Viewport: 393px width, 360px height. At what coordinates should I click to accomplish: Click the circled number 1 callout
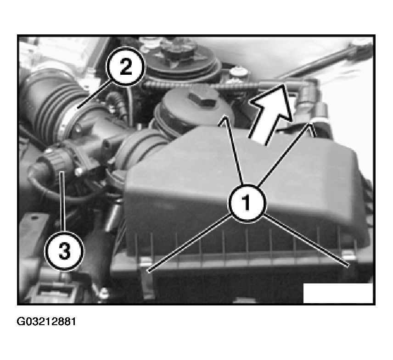pos(247,203)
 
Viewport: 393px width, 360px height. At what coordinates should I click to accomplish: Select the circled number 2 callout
pos(126,67)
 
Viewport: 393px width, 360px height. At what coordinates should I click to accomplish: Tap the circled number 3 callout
pos(64,251)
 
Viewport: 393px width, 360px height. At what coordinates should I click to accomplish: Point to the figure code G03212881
pos(46,321)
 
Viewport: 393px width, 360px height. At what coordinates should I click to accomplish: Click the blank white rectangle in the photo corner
pos(338,293)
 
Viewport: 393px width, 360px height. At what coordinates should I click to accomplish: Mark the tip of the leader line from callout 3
pos(62,172)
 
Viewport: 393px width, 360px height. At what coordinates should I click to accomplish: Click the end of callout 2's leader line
pos(78,108)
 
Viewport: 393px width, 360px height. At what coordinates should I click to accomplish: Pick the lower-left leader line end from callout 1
pos(148,271)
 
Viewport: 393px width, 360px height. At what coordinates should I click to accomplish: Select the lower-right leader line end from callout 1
pos(348,266)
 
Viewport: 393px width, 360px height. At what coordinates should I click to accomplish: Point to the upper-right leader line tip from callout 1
pos(311,123)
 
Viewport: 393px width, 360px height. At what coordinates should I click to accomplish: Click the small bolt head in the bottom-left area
pos(104,292)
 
